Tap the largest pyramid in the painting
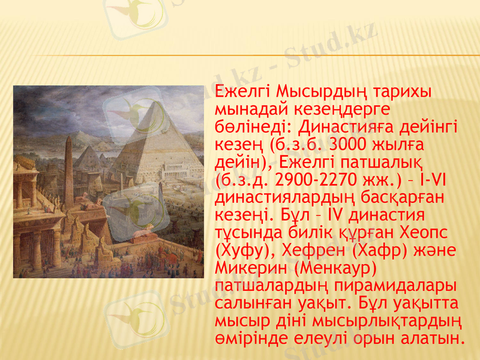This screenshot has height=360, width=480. coord(150,144)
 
